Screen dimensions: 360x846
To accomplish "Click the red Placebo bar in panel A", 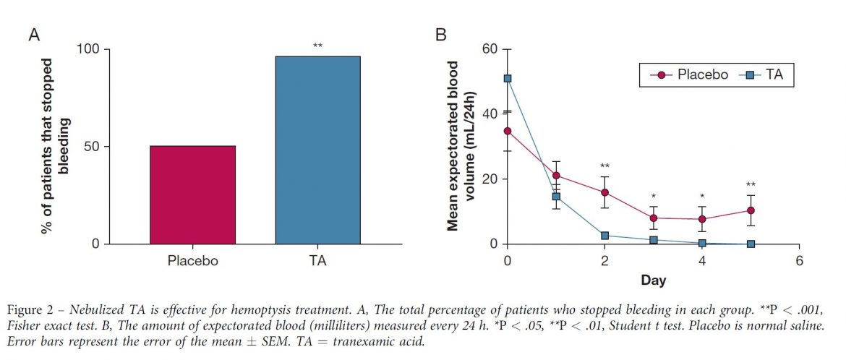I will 192,195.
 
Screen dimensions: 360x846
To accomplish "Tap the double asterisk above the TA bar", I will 317,47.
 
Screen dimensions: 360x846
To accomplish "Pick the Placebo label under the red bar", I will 192,261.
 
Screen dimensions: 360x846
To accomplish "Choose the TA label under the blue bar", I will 317,261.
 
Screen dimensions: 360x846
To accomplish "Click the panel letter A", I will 34,34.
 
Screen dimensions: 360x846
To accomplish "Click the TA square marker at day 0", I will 508,78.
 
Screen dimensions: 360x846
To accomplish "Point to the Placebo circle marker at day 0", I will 508,131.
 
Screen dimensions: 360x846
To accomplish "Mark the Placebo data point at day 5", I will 751,210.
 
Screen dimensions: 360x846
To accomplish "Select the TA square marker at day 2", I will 604,236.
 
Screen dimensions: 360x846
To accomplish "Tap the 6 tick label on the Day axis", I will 799,261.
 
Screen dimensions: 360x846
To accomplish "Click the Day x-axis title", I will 653,280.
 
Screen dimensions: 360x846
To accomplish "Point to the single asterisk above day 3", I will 653,197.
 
